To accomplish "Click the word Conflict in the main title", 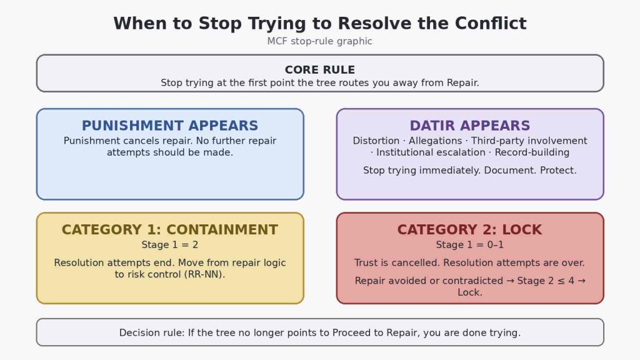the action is (491, 23).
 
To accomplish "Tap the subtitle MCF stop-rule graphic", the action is (319, 41).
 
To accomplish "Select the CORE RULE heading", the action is (319, 70).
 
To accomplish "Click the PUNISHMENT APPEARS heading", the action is (170, 125).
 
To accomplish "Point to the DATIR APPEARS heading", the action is (470, 125).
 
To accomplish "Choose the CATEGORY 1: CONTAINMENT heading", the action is (170, 229).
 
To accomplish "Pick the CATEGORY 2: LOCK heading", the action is (470, 229).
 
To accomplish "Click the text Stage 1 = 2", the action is (170, 245).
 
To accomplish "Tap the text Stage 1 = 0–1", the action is (470, 245).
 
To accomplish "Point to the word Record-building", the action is (532, 152).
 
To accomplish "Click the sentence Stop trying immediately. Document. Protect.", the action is (470, 171).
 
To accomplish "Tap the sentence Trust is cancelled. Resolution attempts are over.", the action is (469, 263).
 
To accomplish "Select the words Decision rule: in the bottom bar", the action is (152, 332).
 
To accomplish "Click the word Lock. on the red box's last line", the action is (470, 292).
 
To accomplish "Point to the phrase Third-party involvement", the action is (529, 141).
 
